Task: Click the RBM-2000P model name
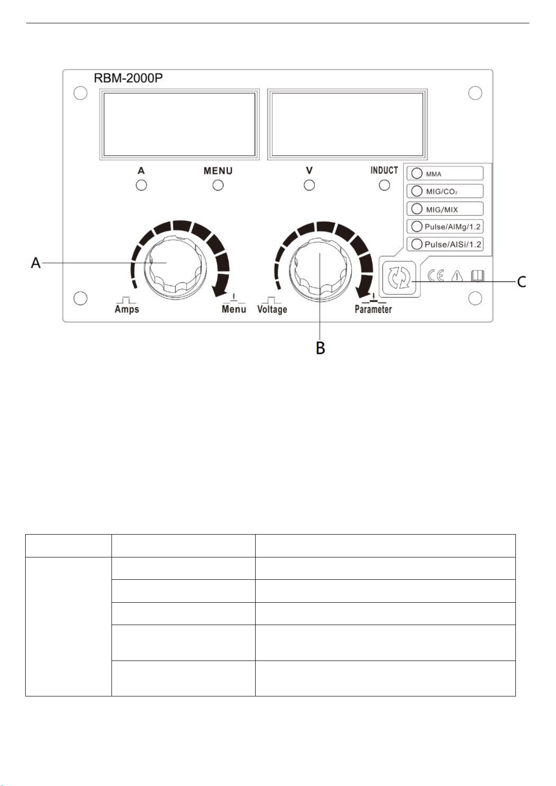coord(128,78)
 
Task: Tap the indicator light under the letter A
coord(141,185)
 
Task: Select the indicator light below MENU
coord(218,185)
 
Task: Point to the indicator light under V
coord(309,185)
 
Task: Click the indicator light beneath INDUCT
coord(384,185)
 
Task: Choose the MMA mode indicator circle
coord(417,174)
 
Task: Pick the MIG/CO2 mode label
coord(442,192)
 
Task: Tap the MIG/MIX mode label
coord(442,210)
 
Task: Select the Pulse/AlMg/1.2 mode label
coord(452,227)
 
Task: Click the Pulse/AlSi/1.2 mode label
coord(452,244)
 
